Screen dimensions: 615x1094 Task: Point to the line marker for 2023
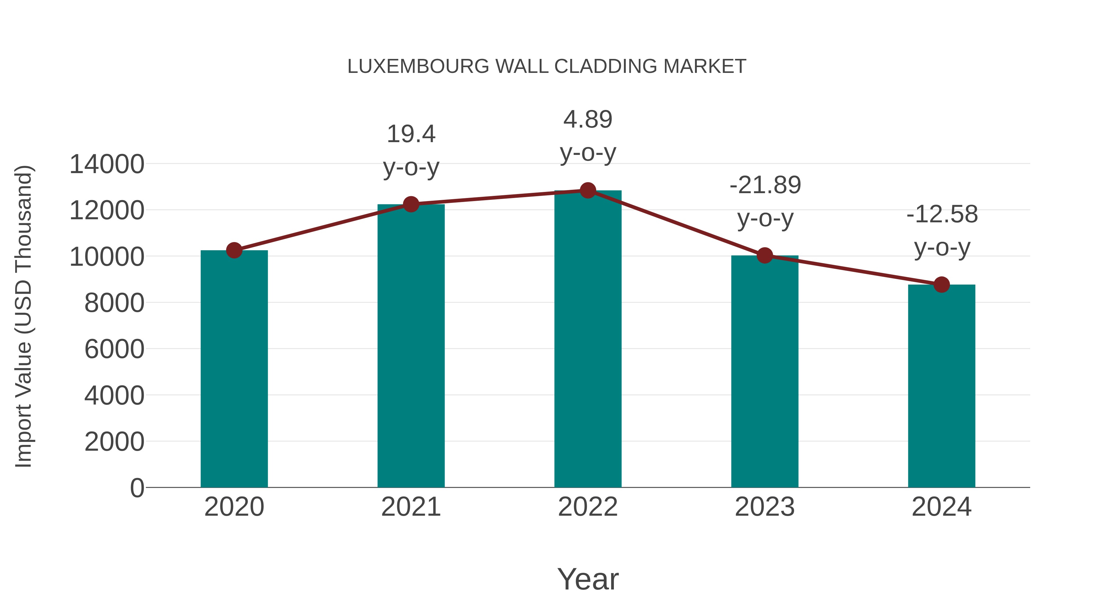[x=765, y=255]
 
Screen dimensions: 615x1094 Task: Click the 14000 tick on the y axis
[x=107, y=164]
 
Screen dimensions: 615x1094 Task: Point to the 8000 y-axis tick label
[x=114, y=303]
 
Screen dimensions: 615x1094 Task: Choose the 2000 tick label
[x=114, y=442]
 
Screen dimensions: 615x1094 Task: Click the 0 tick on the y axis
[x=137, y=488]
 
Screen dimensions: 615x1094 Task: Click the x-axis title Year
[x=588, y=579]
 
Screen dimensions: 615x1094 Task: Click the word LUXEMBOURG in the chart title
[x=418, y=67]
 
